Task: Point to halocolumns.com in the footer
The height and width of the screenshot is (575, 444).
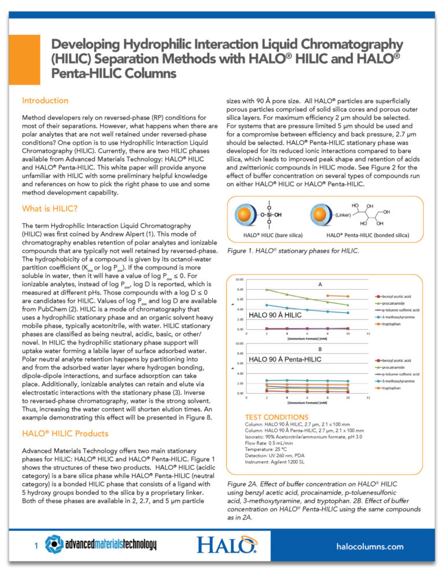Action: (x=369, y=545)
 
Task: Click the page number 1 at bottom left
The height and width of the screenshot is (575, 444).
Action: (x=36, y=545)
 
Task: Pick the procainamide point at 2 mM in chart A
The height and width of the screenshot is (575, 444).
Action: (x=267, y=290)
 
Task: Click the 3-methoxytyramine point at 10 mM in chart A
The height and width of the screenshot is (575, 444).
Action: (x=347, y=313)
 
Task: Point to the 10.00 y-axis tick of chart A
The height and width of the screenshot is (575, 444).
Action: (x=239, y=279)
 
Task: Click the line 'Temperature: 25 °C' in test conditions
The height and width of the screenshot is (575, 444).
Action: (x=271, y=448)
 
